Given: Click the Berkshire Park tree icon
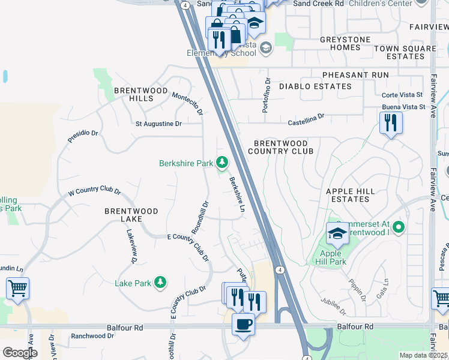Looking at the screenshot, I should [222, 163].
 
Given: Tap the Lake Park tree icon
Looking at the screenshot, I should [160, 282].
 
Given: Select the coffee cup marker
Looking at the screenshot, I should [243, 325].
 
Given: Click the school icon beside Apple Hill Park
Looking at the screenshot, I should [337, 234].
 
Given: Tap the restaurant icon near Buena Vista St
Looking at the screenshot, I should [391, 123].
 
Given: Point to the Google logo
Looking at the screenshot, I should [20, 353].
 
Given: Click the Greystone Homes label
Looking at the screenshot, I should [345, 43].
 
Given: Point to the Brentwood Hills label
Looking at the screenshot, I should [133, 94].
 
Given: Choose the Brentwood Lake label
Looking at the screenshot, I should [131, 215].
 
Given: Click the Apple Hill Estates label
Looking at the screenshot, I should [351, 195].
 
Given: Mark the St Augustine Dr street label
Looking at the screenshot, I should [158, 124].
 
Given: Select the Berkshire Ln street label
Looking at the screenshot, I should [237, 194].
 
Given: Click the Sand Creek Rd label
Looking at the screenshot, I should [318, 4].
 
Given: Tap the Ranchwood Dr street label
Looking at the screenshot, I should [92, 337].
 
